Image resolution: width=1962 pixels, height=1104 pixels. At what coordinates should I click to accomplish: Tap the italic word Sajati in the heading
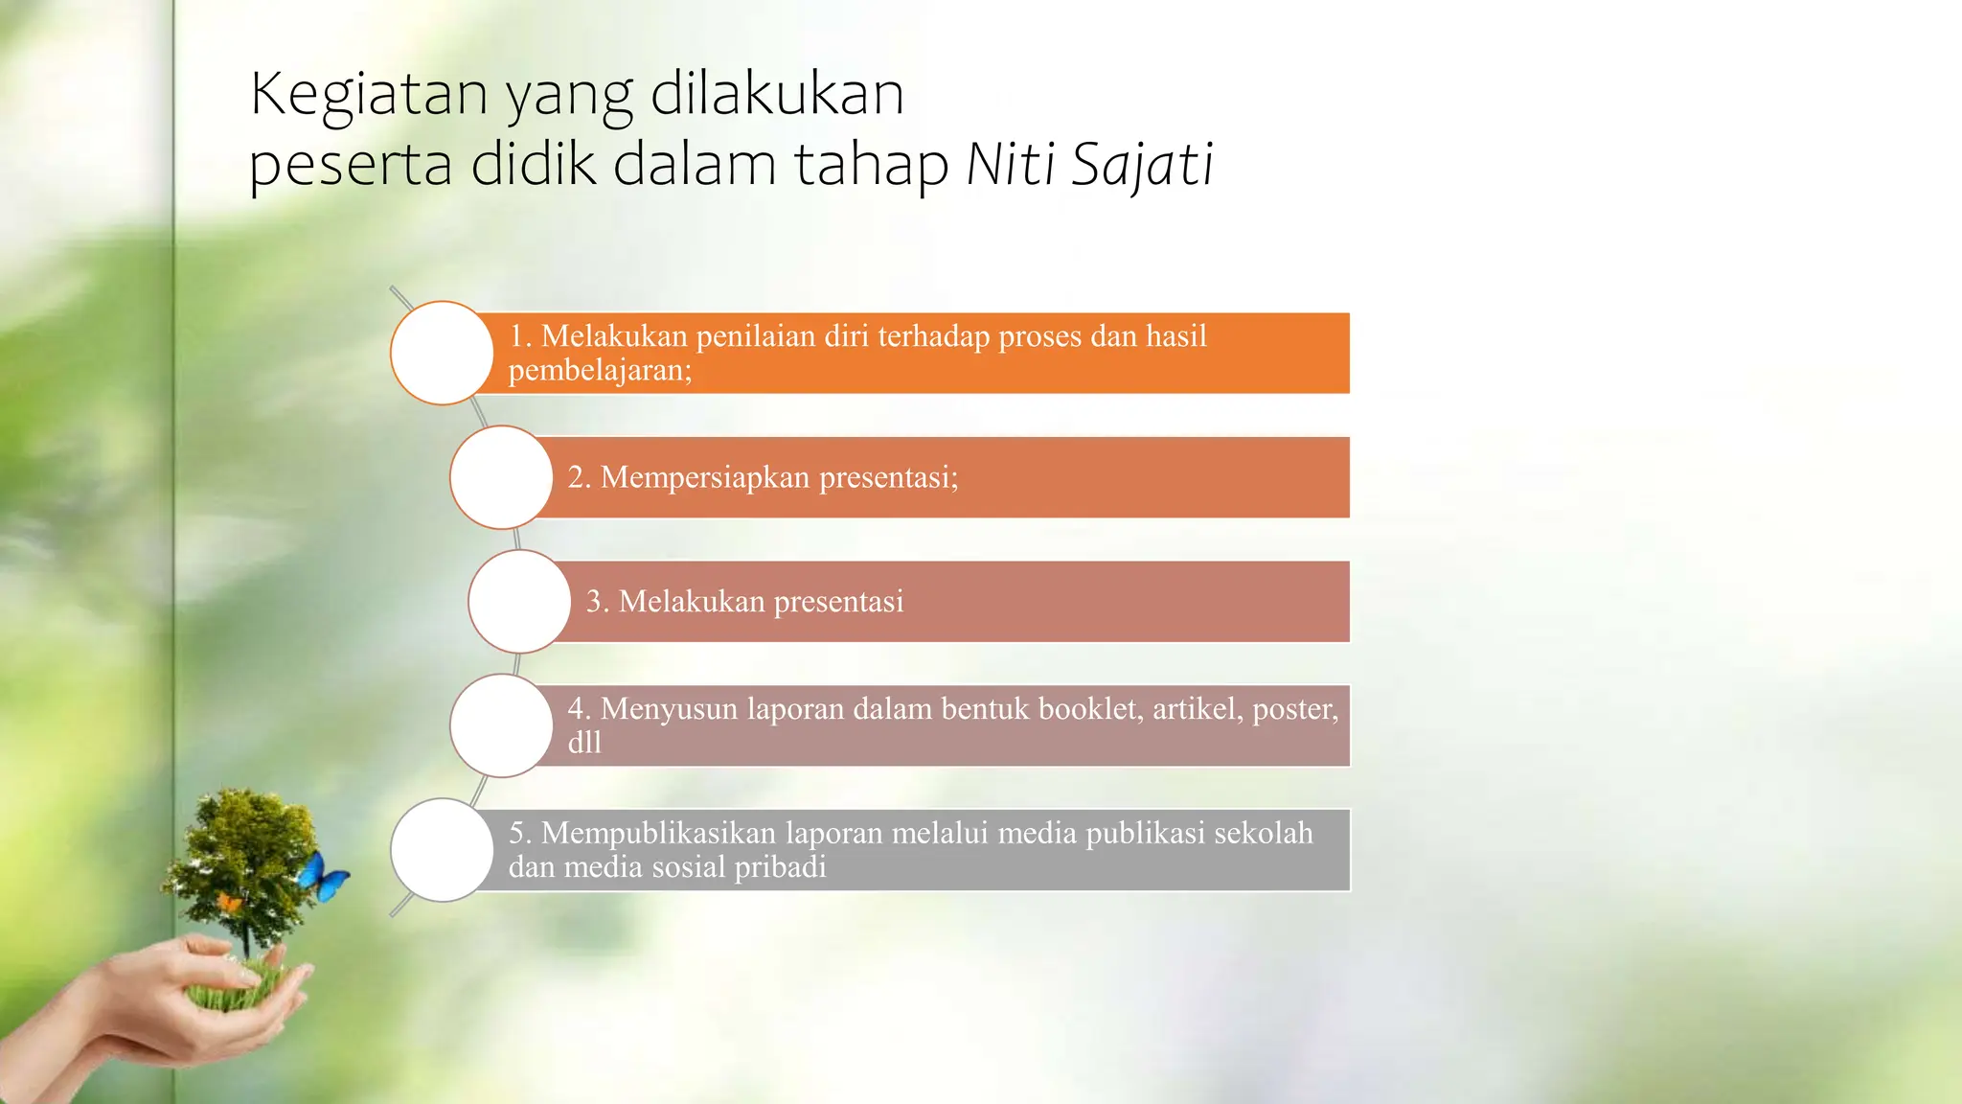[1142, 165]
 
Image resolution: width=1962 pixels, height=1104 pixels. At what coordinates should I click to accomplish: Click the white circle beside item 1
[442, 353]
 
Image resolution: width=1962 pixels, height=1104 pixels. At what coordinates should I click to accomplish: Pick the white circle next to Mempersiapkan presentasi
[501, 477]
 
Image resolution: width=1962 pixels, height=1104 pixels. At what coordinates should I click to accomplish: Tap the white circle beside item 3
[519, 602]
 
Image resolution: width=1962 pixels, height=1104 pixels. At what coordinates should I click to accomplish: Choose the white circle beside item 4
[501, 725]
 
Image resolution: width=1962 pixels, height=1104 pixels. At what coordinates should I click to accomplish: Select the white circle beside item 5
[442, 850]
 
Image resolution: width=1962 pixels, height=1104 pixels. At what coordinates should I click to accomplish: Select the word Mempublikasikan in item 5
[658, 833]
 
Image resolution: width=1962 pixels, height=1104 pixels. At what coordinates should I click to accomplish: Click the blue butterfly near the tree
[324, 876]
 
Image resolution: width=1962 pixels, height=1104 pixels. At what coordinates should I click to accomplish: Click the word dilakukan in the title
[777, 94]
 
